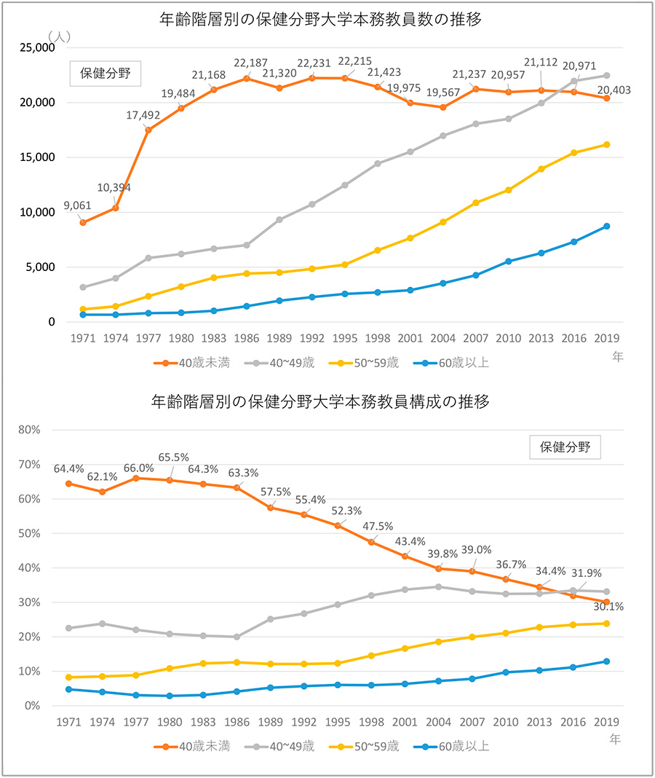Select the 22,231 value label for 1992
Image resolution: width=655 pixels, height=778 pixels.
coord(312,63)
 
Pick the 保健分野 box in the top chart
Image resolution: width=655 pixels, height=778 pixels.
coord(105,73)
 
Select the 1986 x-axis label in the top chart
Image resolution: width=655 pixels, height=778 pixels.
coord(246,339)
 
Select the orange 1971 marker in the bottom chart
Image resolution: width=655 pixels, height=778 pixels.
coord(68,484)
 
